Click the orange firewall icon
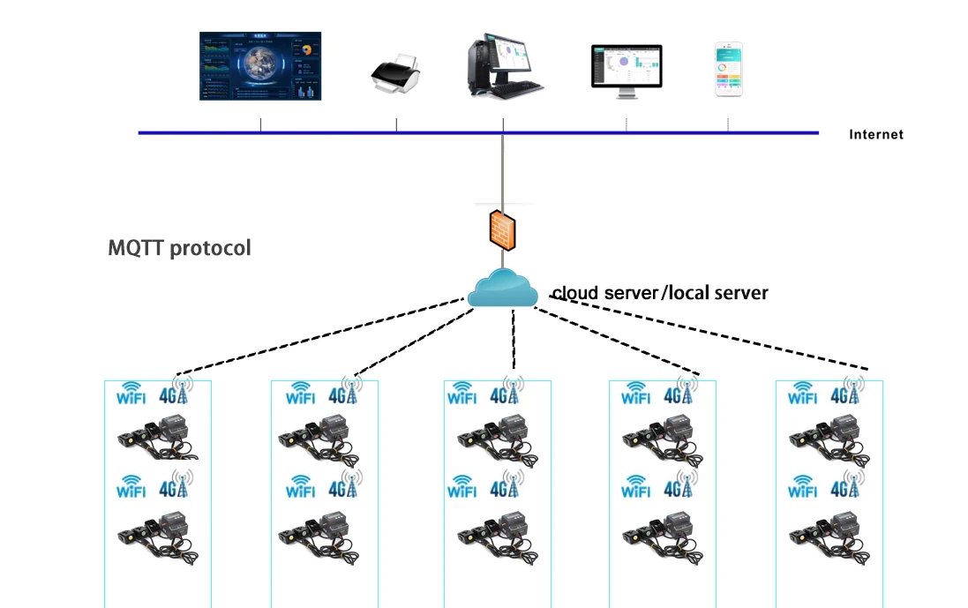pos(502,229)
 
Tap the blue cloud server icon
pos(503,290)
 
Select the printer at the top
pos(394,74)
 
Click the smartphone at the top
pos(728,69)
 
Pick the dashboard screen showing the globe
pos(260,66)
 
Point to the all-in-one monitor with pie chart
pos(626,70)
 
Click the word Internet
pos(876,135)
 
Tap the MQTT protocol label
pos(179,248)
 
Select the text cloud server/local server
pos(660,293)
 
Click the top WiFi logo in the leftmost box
pos(132,393)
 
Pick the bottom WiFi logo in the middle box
pos(462,487)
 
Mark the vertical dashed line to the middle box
pos(514,340)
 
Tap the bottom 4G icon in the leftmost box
pos(176,485)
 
